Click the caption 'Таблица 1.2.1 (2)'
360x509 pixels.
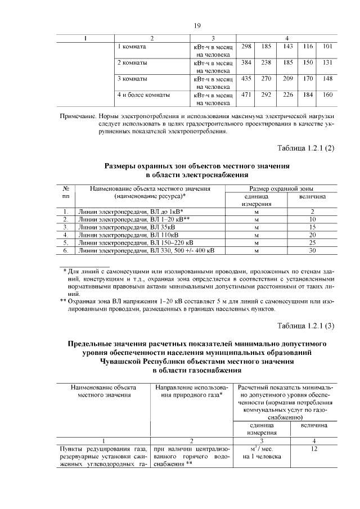pyautogui.click(x=306, y=148)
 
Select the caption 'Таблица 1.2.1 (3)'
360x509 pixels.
pyautogui.click(x=306, y=326)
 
